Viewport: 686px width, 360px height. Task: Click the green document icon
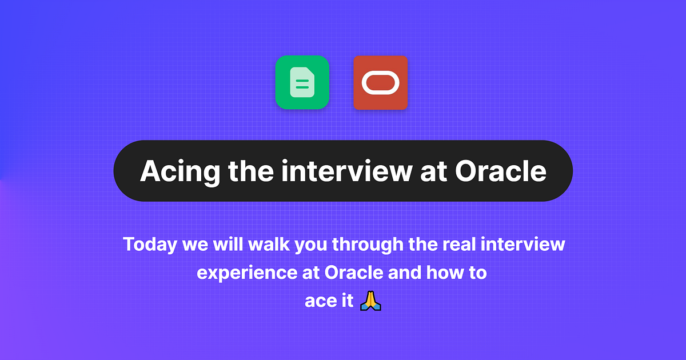[x=302, y=82]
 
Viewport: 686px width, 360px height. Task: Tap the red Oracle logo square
[x=380, y=82]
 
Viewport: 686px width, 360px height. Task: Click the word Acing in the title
[x=174, y=171]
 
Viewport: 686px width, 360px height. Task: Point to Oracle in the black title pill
[x=500, y=171]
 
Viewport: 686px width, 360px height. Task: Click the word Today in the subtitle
[x=150, y=245]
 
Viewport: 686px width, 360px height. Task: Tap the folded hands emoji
[x=370, y=301]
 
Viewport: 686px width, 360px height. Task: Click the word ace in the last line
[x=316, y=301]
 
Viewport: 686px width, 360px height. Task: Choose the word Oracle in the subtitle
[x=354, y=273]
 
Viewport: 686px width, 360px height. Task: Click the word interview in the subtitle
[x=523, y=245]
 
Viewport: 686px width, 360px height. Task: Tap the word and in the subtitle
[x=405, y=273]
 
